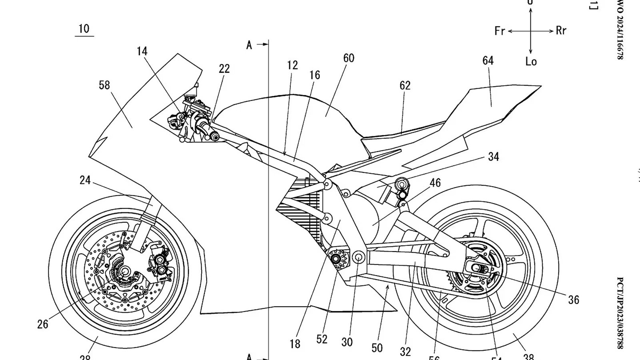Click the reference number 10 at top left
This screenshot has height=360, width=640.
pyautogui.click(x=84, y=29)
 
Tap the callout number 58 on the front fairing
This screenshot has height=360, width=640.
pyautogui.click(x=104, y=85)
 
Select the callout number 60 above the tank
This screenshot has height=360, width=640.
pyautogui.click(x=349, y=58)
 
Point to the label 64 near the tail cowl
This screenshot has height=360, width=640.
pyautogui.click(x=488, y=61)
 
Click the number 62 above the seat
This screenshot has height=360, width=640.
pyautogui.click(x=405, y=86)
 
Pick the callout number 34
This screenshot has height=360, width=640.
pyautogui.click(x=494, y=157)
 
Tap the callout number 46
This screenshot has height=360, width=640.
pyautogui.click(x=435, y=183)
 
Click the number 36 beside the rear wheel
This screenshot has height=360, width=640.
pyautogui.click(x=574, y=300)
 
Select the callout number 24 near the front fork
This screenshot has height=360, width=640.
pyautogui.click(x=85, y=180)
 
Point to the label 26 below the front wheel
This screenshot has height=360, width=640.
pyautogui.click(x=43, y=324)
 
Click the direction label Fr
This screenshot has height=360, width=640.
pyautogui.click(x=500, y=31)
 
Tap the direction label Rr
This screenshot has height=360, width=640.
pyautogui.click(x=561, y=30)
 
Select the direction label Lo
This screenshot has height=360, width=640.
pyautogui.click(x=531, y=62)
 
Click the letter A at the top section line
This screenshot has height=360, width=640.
pyautogui.click(x=249, y=45)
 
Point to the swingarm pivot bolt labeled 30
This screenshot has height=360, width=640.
pyautogui.click(x=358, y=257)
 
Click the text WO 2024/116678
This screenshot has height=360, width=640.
pyautogui.click(x=620, y=30)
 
